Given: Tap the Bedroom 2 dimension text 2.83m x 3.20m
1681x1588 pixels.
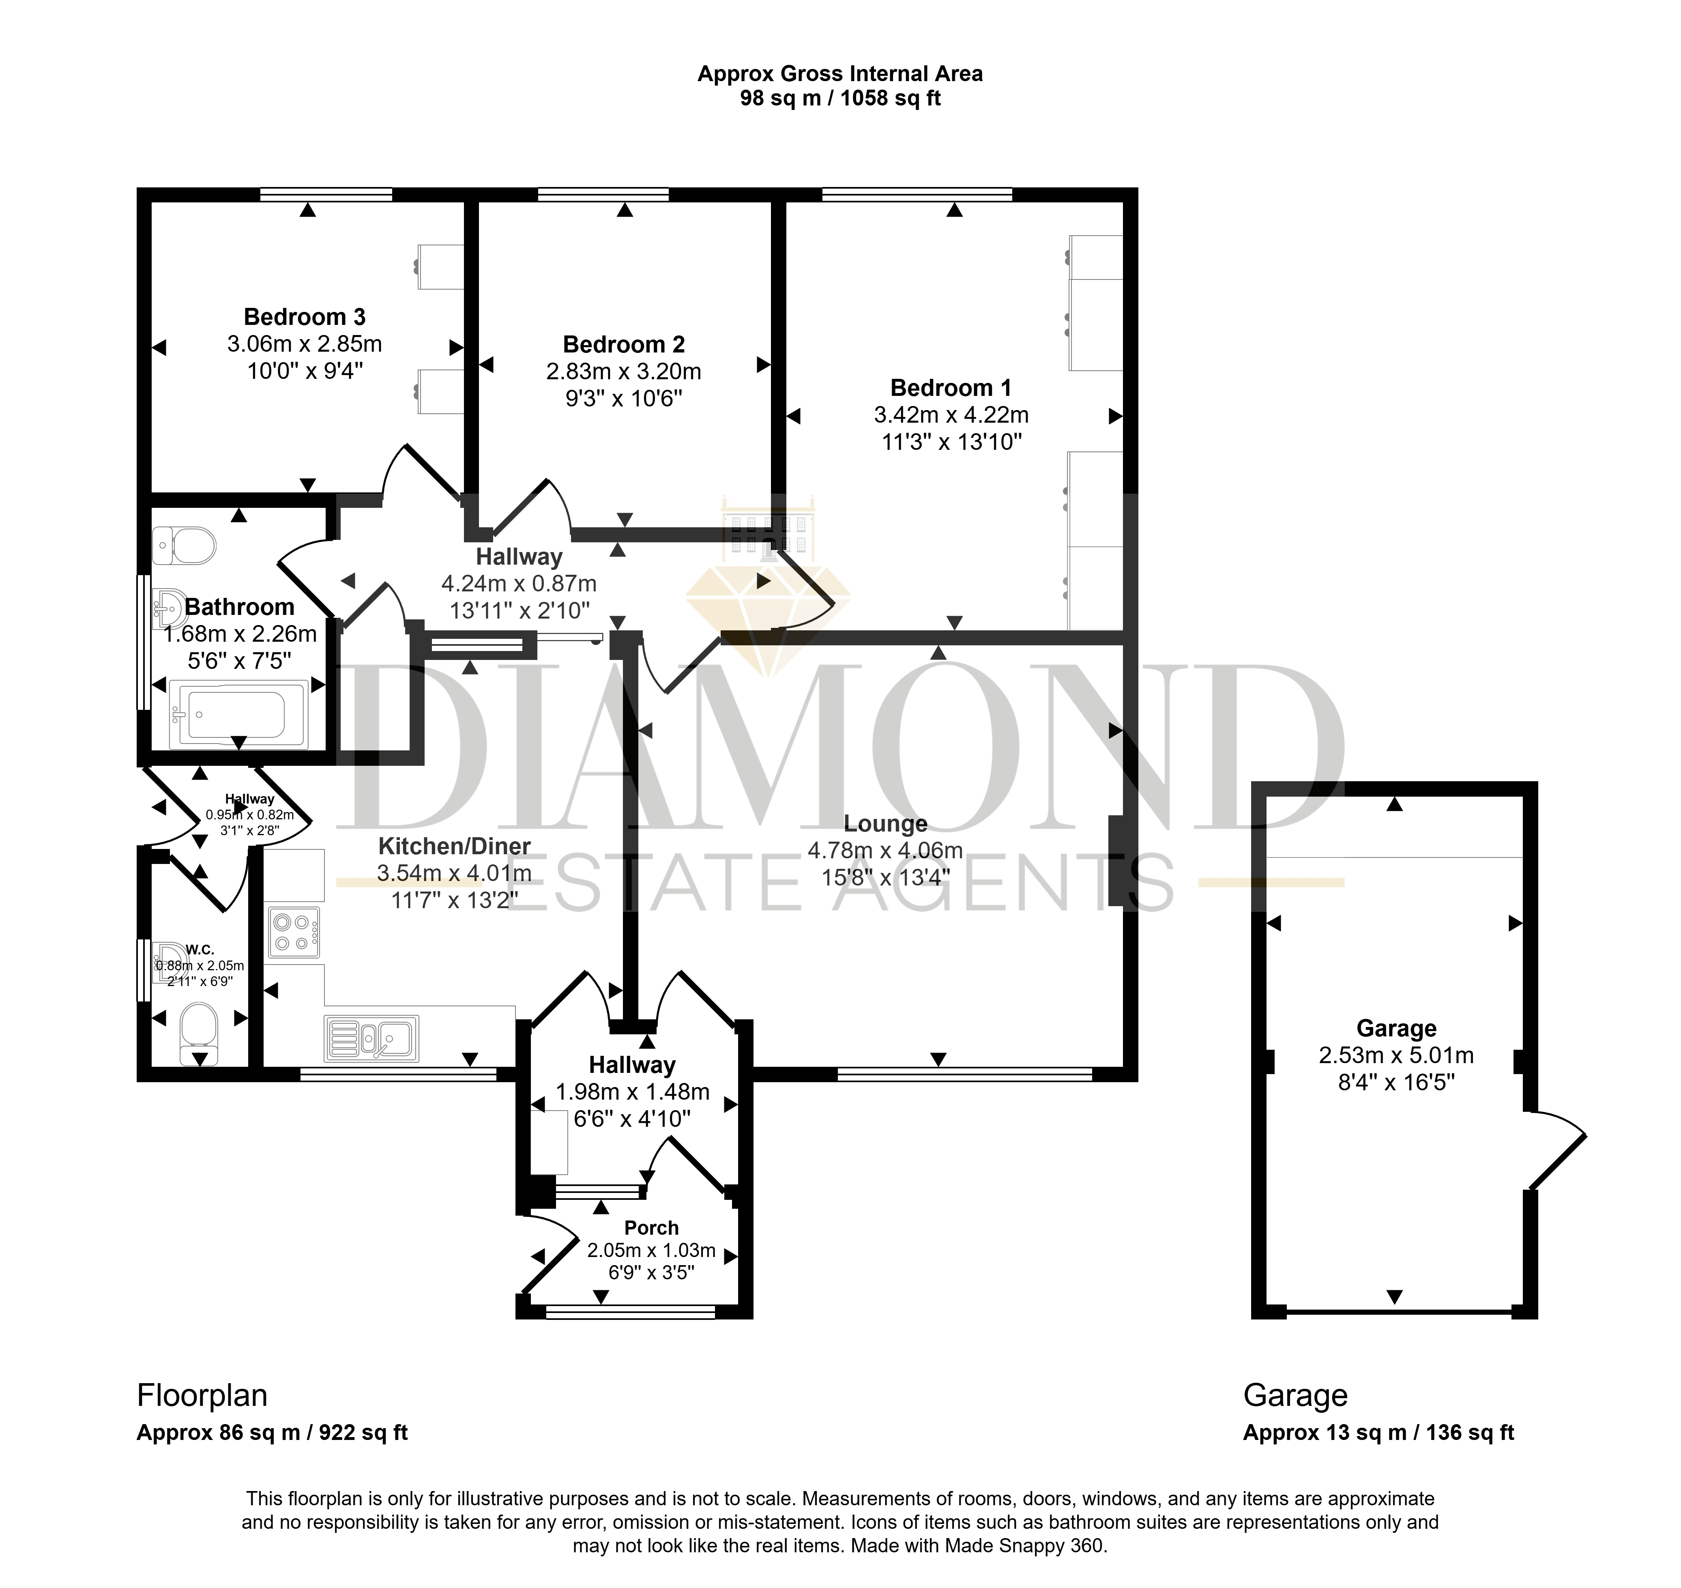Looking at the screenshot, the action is coord(624,372).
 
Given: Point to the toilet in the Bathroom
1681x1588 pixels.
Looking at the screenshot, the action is coord(184,545).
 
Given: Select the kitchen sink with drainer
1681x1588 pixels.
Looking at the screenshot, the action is coord(371,1039).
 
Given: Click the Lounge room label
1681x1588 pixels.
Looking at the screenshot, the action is coord(885,824).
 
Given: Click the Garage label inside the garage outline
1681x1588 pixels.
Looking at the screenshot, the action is coord(1397,1029).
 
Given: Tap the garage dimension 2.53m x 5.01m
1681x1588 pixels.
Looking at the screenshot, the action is coord(1397,1055).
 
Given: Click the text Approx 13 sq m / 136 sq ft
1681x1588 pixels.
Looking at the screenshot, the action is coord(1379,1433).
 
